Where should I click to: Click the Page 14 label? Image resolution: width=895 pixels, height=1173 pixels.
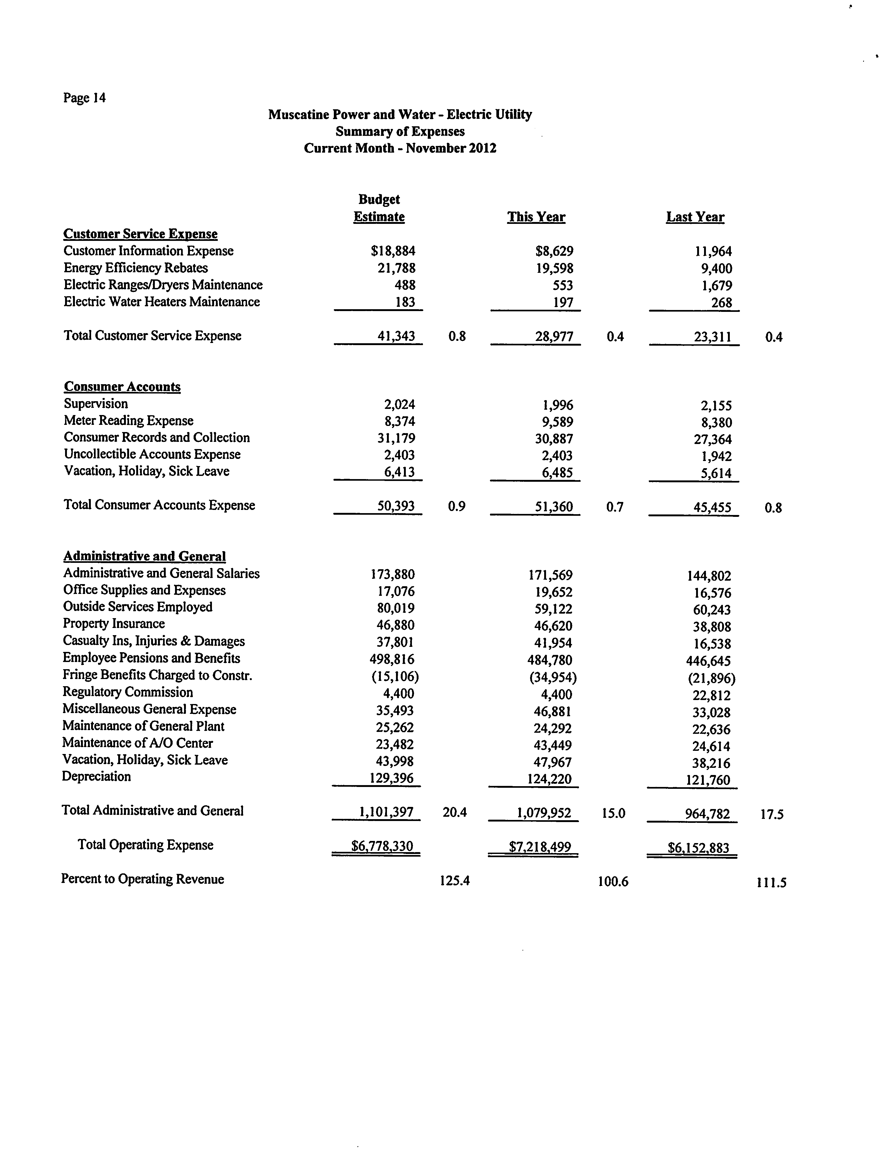tap(84, 98)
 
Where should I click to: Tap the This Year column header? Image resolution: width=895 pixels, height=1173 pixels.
tap(536, 217)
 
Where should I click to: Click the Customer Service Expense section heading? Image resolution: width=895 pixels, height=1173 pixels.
tap(140, 234)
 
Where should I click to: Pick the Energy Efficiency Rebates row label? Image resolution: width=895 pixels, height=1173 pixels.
tap(135, 268)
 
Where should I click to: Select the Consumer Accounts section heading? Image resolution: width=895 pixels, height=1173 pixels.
tap(122, 387)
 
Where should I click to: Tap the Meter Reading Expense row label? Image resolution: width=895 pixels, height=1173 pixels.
tap(128, 421)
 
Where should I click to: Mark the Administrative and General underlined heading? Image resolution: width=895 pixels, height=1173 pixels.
tap(144, 556)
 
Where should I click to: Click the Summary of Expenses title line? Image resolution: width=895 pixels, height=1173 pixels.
tap(399, 131)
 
